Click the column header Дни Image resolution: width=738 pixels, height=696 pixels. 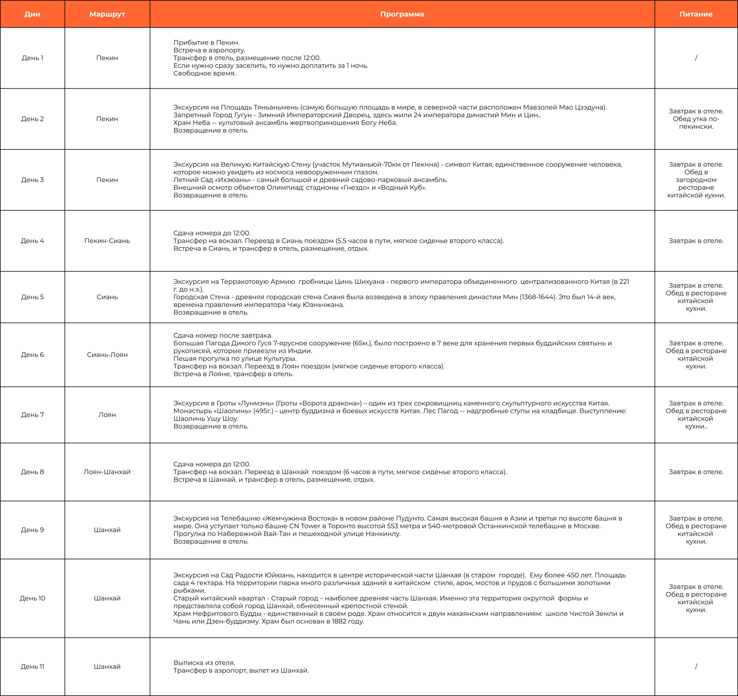(x=32, y=14)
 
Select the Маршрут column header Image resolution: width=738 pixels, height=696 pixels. (x=107, y=14)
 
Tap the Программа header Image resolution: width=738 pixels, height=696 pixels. (x=402, y=14)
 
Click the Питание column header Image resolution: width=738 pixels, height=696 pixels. (x=696, y=14)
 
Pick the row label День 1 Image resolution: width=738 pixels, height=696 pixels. (x=32, y=58)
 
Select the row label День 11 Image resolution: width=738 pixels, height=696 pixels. (x=32, y=666)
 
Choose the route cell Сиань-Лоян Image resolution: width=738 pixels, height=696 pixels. (x=107, y=355)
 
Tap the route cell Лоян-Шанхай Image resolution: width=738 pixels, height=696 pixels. (x=107, y=472)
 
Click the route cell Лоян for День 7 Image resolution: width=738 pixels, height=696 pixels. (x=107, y=415)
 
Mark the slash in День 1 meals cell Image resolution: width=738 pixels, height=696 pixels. (x=696, y=58)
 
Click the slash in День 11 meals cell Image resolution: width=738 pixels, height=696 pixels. (x=696, y=666)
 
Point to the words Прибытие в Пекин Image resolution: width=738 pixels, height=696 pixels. (x=206, y=43)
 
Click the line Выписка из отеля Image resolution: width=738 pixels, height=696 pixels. (x=204, y=663)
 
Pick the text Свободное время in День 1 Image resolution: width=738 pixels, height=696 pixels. (x=205, y=74)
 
